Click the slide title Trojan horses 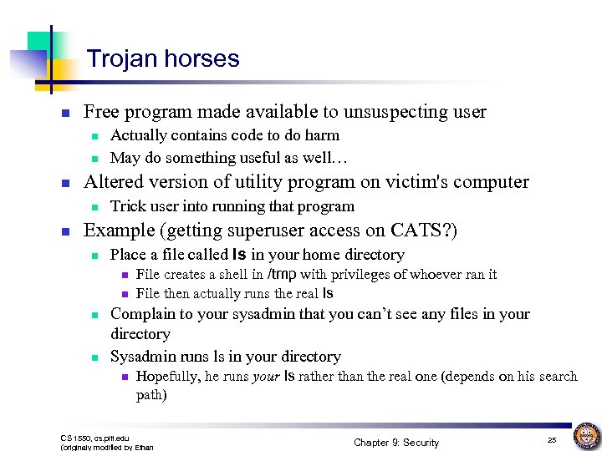[x=163, y=59]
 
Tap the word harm [x=324, y=135]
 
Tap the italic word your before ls [x=265, y=377]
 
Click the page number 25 [x=552, y=439]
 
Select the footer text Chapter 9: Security [x=396, y=442]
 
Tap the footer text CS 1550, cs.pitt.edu [x=95, y=438]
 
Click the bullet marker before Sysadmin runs [x=95, y=357]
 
